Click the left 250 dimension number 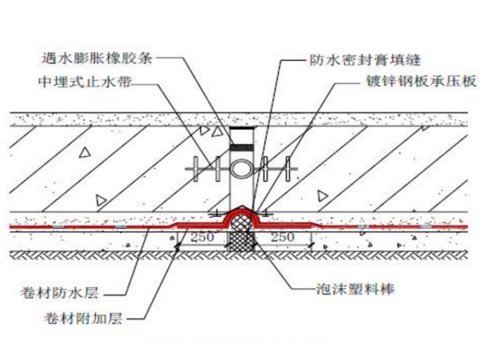[200, 237]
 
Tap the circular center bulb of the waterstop [241, 169]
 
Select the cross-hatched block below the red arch [241, 239]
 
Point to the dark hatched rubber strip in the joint [241, 148]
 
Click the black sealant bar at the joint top [241, 130]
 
